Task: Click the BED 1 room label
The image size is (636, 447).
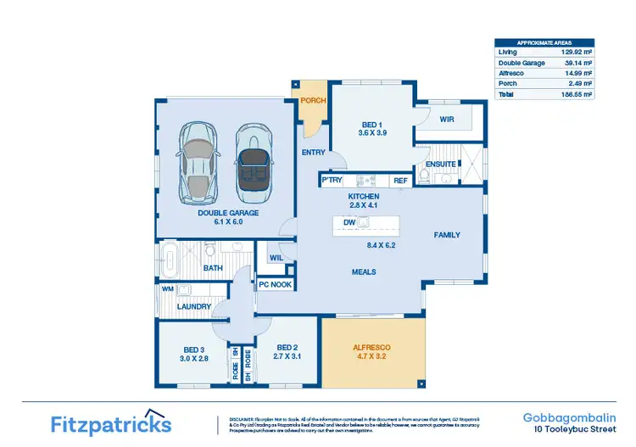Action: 368,125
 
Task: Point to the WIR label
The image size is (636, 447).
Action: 448,120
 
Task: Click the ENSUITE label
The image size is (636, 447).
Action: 441,164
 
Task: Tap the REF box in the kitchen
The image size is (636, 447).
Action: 400,181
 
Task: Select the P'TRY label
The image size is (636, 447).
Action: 331,181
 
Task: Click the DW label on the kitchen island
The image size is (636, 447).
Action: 349,222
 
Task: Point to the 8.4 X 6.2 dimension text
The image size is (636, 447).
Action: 381,245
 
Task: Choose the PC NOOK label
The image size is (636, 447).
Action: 276,285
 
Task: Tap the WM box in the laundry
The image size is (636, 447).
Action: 167,289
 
